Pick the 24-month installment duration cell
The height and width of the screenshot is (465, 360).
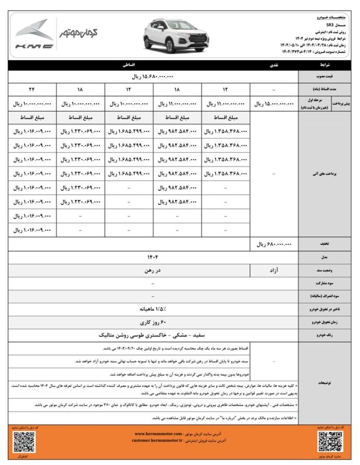(33, 90)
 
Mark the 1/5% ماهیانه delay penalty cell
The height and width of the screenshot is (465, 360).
(153, 309)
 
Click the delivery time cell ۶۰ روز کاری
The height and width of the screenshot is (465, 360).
(153, 322)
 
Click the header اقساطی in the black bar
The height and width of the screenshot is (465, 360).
(129, 64)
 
